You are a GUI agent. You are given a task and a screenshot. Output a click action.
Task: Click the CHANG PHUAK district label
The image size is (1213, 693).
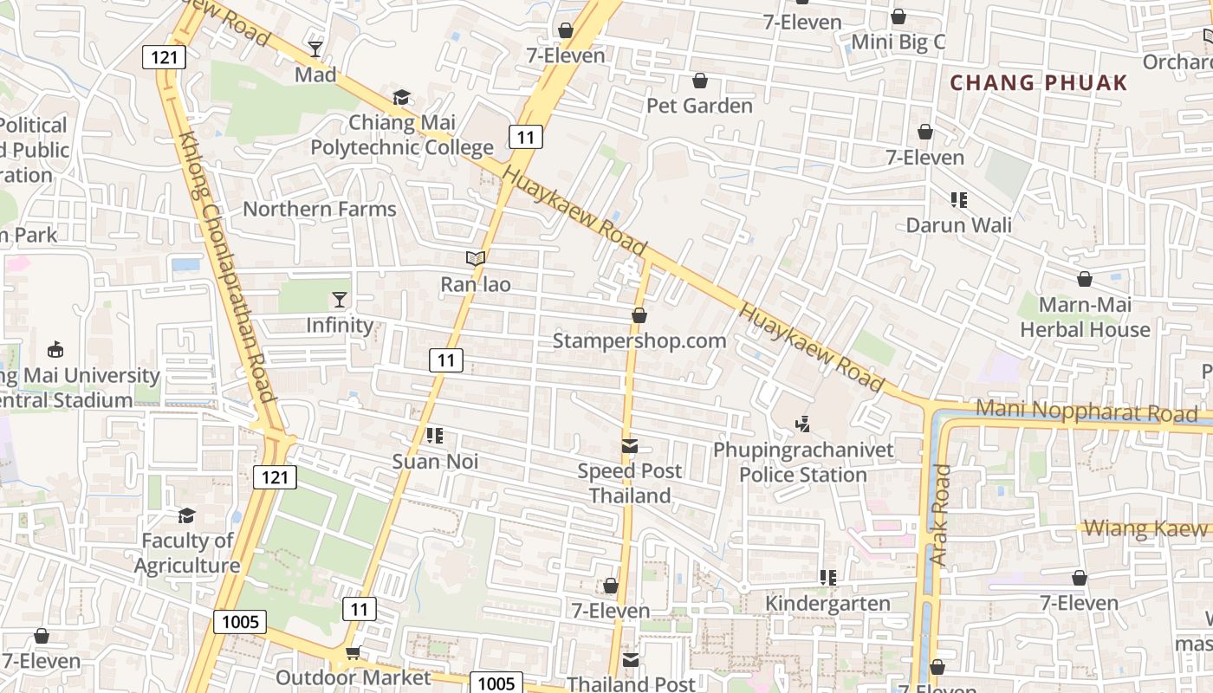point(1039,83)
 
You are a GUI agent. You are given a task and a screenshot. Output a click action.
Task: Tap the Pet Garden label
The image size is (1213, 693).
point(699,106)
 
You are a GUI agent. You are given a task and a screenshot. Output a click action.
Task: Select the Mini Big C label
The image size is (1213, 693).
point(898,42)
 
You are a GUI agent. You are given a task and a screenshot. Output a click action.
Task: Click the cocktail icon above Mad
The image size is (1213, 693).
point(315,49)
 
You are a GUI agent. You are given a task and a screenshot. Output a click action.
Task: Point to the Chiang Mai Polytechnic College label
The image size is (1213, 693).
point(402,135)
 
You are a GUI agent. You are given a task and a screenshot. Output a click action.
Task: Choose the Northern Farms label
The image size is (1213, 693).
point(319,209)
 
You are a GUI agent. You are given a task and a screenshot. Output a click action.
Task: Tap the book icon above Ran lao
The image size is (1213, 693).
point(475,258)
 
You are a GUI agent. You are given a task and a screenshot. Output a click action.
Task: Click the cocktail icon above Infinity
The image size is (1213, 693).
point(339,300)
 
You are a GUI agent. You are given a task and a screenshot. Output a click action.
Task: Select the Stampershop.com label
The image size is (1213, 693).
point(639,340)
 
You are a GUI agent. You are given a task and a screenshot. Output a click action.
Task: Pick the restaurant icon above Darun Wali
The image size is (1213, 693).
point(958,200)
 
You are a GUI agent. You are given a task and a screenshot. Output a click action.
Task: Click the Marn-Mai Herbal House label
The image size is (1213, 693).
point(1085,317)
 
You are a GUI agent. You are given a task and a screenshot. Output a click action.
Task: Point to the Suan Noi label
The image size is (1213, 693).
point(435,462)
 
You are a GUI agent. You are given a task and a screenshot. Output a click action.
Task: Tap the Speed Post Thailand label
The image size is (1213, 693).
point(630,483)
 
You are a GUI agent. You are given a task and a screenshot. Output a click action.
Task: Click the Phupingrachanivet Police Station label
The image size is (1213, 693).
point(803,463)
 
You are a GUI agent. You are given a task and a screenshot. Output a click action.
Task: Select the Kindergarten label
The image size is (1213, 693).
point(827,603)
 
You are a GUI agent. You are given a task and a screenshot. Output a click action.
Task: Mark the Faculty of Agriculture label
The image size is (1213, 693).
point(187,553)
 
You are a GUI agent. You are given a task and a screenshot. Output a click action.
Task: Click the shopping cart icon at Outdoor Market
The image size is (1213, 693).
point(353,653)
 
